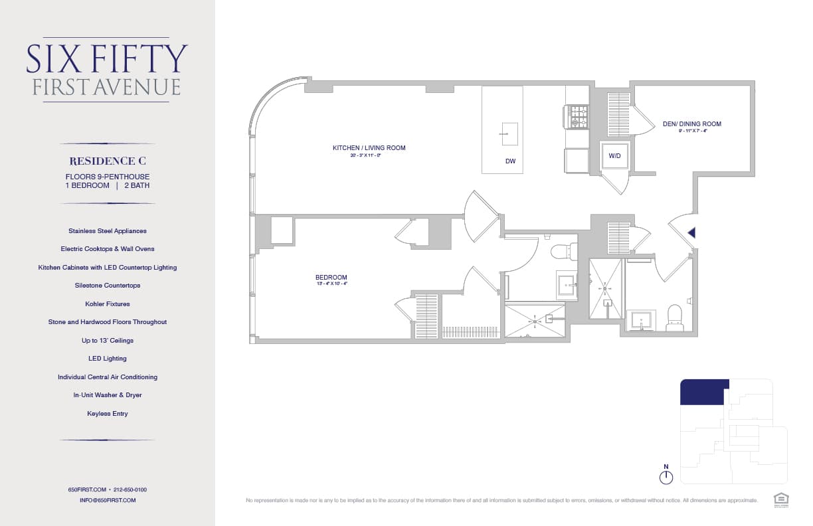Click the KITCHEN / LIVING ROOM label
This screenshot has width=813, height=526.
click(369, 148)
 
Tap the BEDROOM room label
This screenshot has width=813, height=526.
click(331, 278)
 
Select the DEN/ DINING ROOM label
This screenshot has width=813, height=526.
click(691, 124)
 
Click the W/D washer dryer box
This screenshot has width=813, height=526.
click(614, 156)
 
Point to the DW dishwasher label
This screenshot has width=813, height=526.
click(510, 161)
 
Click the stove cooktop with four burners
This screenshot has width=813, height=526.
click(576, 117)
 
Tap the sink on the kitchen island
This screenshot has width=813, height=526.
click(509, 133)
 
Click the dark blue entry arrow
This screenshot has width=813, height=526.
click(691, 232)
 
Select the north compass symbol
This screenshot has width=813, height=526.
click(666, 476)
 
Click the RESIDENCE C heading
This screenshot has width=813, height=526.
click(108, 161)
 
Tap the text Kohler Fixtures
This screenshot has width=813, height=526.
click(108, 304)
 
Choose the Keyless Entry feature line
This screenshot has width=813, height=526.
click(108, 413)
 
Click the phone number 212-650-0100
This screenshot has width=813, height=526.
click(130, 489)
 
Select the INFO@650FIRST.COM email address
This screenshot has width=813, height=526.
click(108, 500)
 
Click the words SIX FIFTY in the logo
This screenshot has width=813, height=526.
click(107, 59)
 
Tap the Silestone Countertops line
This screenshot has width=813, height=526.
click(108, 286)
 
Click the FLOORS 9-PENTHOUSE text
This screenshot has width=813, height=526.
click(108, 177)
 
